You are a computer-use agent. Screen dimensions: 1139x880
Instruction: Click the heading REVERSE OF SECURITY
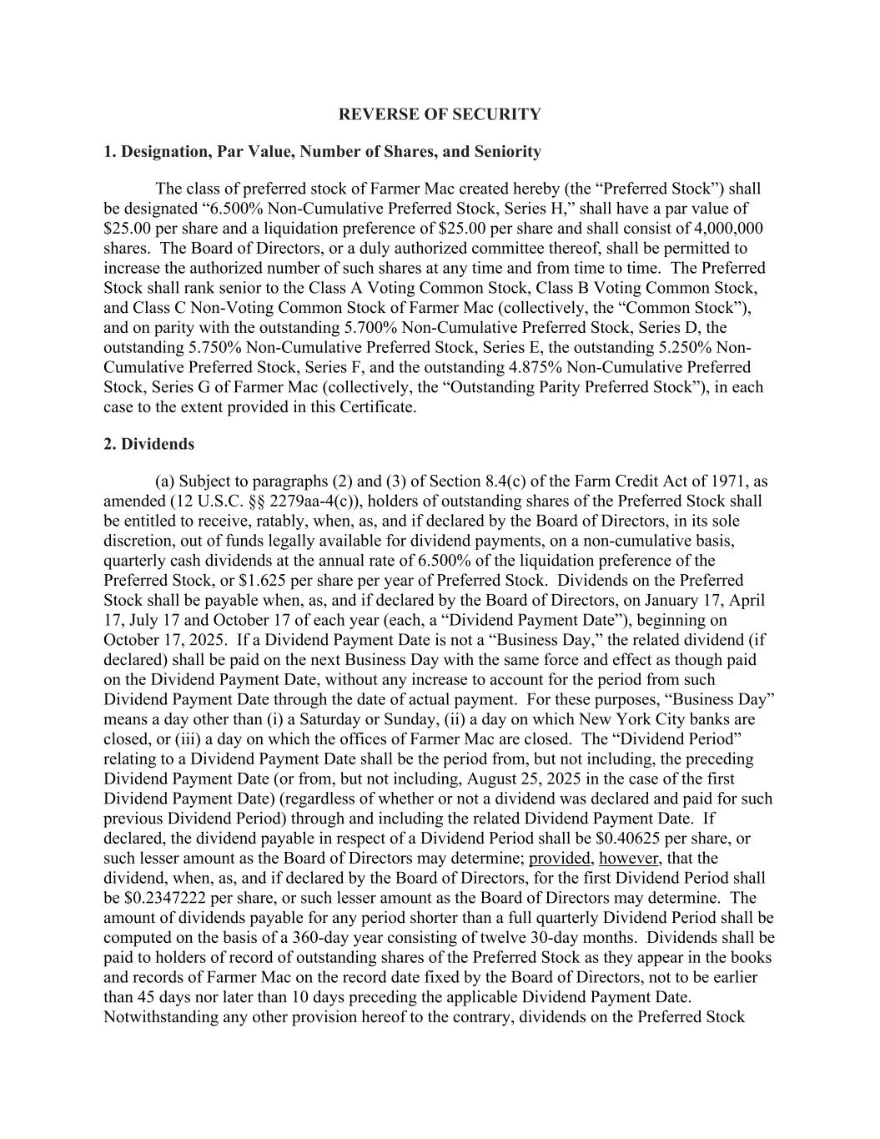pos(440,114)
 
